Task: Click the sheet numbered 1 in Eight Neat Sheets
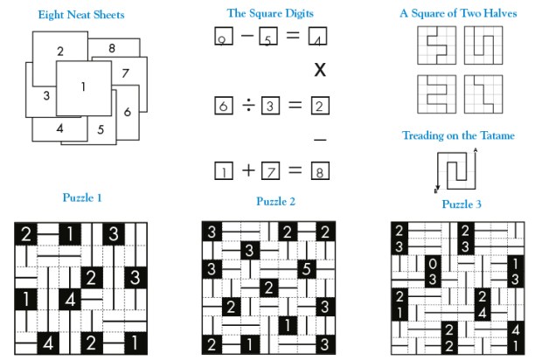tap(83, 87)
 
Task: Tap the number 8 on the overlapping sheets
tap(112, 47)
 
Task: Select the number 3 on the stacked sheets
tap(45, 94)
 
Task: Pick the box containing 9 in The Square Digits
tap(223, 38)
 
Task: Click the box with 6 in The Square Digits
tap(223, 106)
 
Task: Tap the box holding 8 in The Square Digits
tap(320, 171)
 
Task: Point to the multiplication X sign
tap(320, 70)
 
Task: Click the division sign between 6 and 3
tap(247, 106)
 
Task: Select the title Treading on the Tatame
tap(458, 135)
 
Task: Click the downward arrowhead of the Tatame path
tap(436, 190)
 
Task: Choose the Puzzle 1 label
tap(82, 197)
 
